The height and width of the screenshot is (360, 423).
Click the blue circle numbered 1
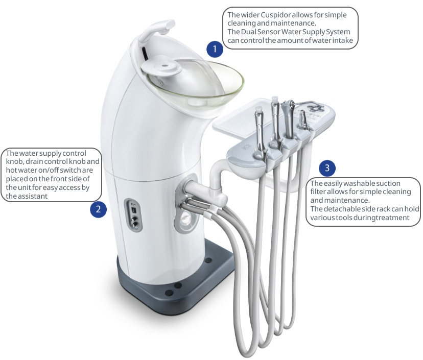(x=215, y=49)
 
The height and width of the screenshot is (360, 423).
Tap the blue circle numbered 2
(x=98, y=209)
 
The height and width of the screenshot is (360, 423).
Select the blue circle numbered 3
(x=327, y=168)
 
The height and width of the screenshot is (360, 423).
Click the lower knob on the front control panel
(x=134, y=223)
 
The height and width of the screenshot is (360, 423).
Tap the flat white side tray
(x=243, y=118)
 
